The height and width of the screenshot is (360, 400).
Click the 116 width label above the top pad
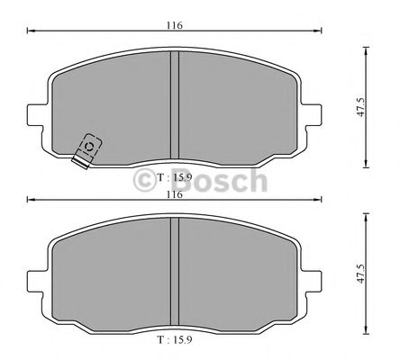point(175,25)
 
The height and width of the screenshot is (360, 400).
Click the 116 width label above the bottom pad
point(175,193)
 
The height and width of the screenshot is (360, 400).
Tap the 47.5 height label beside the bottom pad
point(360,275)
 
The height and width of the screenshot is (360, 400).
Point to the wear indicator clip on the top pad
point(87,150)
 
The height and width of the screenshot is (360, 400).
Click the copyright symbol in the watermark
point(147,183)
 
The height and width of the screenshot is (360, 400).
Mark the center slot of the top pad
point(176,108)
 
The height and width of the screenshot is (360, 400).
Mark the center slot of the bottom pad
point(176,274)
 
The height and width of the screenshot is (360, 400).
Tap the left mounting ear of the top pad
point(38,116)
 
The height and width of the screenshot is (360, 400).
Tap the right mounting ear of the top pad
point(314,116)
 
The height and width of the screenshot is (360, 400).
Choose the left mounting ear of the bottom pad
point(38,282)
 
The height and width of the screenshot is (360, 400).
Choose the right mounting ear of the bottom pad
point(314,282)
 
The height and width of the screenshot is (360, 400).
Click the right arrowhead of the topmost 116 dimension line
point(320,33)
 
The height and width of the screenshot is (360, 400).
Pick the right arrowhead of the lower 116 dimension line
point(320,201)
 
